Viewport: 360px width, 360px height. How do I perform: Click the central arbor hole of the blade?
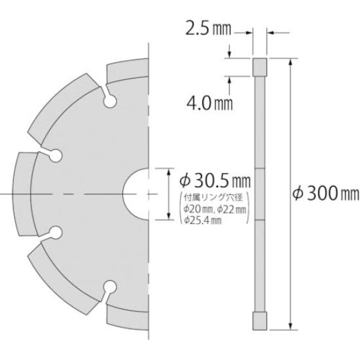tap(137, 194)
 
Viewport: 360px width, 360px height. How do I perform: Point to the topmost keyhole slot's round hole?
tap(111, 102)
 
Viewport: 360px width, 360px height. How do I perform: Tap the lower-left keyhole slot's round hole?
tap(56, 232)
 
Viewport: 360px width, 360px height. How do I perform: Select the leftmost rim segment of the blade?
tap(21, 194)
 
